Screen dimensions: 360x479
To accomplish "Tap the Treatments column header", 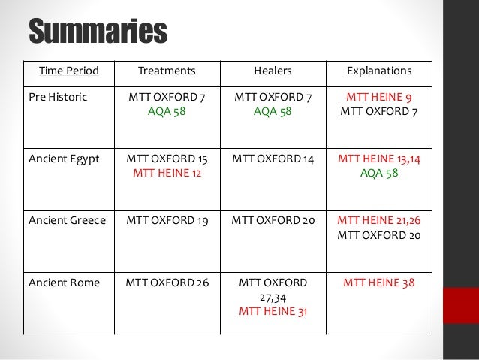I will tap(167, 71).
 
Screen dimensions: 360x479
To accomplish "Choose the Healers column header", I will tap(274, 71).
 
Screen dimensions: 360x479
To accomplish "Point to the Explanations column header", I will tap(379, 71).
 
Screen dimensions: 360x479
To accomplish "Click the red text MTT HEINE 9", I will tap(379, 97).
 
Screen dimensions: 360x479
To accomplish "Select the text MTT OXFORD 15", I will tap(167, 160).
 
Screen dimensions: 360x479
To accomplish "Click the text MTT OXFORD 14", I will tap(274, 160).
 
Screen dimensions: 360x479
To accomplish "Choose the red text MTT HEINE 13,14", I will tap(379, 160).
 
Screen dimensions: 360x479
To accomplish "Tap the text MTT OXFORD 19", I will tap(167, 220).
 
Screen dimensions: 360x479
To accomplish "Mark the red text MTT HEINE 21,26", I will tap(379, 220).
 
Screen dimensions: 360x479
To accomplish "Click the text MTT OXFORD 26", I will tap(167, 283).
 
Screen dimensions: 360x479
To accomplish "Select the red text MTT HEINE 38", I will tap(379, 283).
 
